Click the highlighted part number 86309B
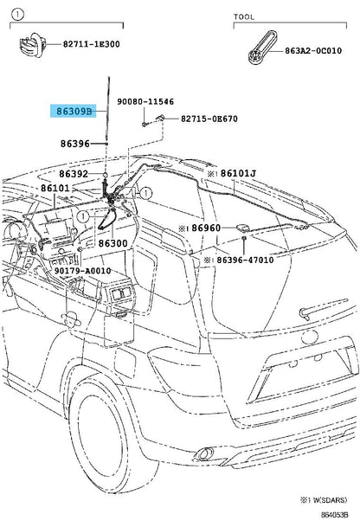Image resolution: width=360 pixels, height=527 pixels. (74, 111)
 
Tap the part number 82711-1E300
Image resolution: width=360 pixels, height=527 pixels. (92, 44)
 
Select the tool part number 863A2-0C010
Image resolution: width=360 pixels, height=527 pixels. (313, 51)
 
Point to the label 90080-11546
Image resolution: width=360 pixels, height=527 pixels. (145, 101)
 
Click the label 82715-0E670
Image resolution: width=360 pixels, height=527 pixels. (209, 119)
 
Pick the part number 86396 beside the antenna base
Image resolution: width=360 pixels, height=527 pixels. (75, 144)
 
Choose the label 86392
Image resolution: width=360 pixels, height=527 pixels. (74, 174)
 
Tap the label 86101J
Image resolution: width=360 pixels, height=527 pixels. (238, 173)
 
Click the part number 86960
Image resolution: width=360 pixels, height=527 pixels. (206, 228)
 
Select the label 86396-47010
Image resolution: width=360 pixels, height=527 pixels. (245, 260)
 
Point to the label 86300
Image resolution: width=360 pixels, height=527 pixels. (113, 243)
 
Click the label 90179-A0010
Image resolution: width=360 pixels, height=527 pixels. (83, 271)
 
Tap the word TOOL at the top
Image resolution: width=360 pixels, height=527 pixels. (244, 16)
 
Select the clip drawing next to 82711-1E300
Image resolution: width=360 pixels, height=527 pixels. (31, 44)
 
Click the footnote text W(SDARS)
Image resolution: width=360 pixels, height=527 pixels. (329, 500)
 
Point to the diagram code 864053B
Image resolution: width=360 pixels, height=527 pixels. (334, 515)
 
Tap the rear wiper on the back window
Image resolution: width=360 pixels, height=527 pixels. (324, 309)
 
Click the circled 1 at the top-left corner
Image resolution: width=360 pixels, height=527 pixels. (17, 15)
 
